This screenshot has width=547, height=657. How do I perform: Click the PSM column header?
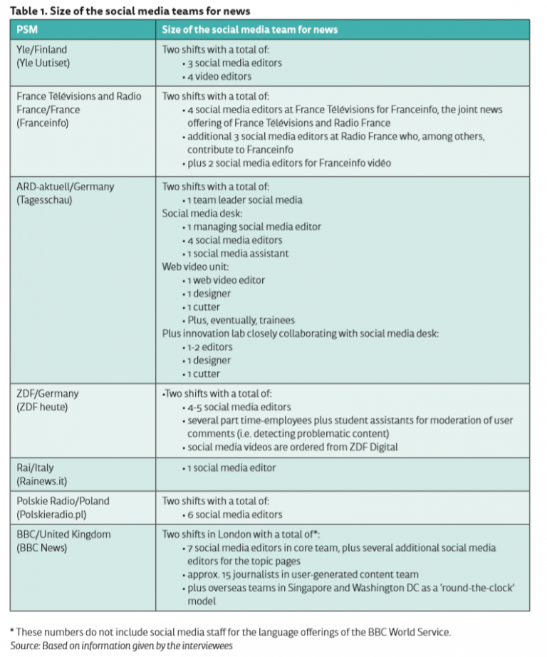click(x=27, y=29)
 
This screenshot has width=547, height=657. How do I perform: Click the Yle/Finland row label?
click(x=43, y=50)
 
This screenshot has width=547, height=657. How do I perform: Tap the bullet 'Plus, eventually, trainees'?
click(x=239, y=320)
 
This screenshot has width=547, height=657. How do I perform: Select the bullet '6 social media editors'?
click(x=234, y=514)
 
